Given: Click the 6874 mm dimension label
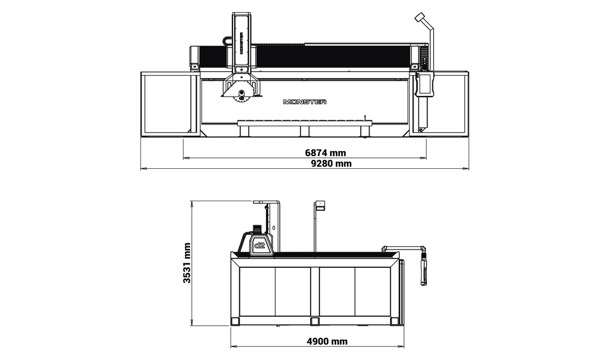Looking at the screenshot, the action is (x=326, y=152).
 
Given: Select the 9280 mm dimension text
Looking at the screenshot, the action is (x=332, y=164).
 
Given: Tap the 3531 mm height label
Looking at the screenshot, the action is (x=187, y=263).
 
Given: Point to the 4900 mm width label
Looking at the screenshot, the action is (x=327, y=342).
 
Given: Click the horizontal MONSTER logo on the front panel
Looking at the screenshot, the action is (x=305, y=102).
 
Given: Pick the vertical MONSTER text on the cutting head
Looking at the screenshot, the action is (x=241, y=43).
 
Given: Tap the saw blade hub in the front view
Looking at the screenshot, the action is (x=241, y=93).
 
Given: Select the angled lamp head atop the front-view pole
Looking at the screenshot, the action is (x=420, y=17).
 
